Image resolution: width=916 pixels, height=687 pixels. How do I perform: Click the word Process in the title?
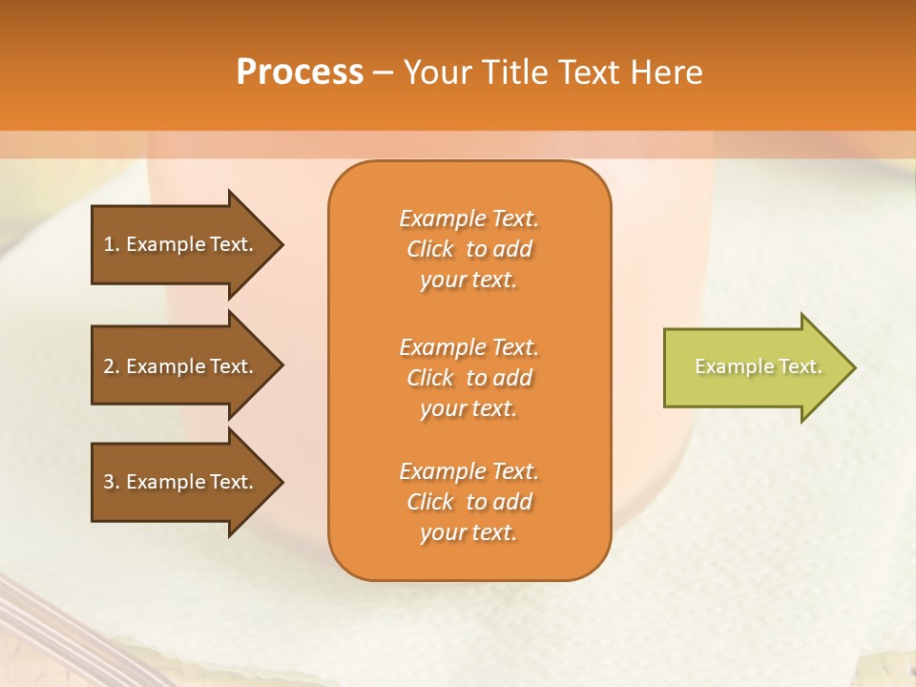300,73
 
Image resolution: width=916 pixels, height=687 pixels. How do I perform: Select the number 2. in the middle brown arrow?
112,366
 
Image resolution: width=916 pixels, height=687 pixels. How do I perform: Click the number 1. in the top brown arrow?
112,244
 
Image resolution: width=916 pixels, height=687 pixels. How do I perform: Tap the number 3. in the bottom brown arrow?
112,482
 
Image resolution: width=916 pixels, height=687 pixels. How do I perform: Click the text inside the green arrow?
758,366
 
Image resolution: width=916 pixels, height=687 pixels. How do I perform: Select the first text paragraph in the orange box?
468,249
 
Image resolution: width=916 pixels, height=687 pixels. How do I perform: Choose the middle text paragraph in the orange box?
468,378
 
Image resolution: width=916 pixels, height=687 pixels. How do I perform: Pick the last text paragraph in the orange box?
468,502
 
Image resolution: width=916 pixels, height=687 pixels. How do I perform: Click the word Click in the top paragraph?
430,249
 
